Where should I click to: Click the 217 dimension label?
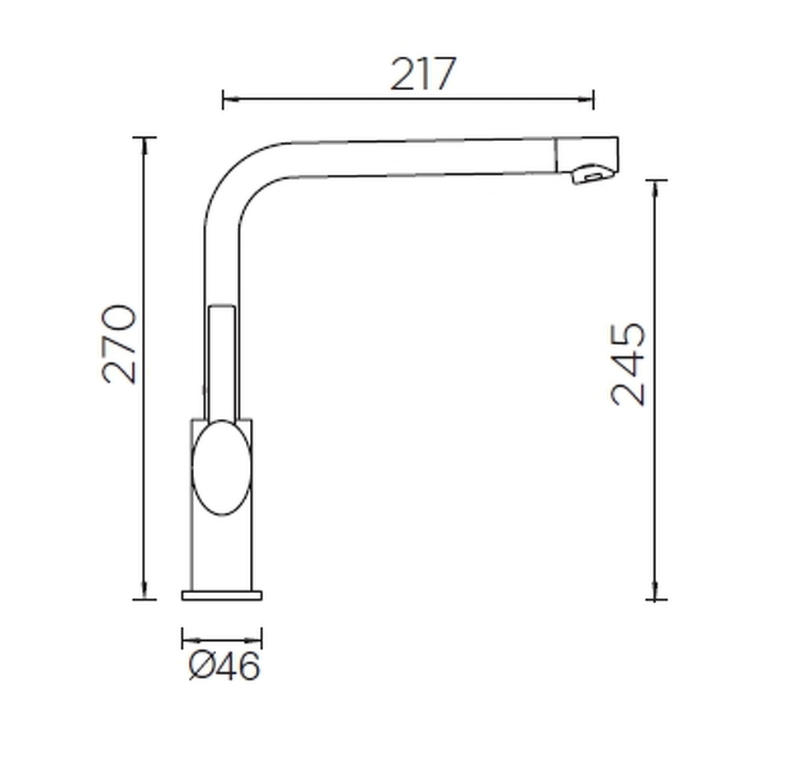[423, 74]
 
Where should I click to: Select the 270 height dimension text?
[119, 344]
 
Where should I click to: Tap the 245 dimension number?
[629, 364]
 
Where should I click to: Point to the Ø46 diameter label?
[224, 666]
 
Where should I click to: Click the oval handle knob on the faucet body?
[222, 467]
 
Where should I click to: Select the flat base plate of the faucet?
[222, 596]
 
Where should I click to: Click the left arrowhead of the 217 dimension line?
[230, 100]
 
